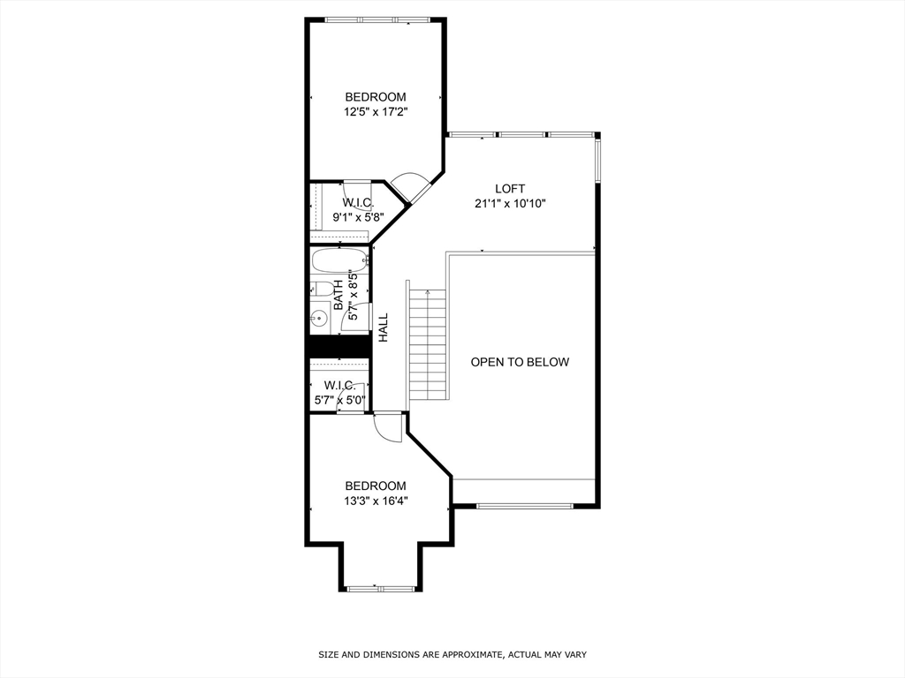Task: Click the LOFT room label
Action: (510, 188)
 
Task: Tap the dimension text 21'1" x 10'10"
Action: (510, 204)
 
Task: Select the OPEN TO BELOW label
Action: (520, 362)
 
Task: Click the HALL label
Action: (384, 327)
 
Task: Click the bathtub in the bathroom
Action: (338, 260)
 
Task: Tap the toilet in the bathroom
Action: (323, 288)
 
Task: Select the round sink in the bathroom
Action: (319, 319)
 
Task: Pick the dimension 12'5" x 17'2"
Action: (376, 112)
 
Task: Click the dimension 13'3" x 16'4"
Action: (376, 501)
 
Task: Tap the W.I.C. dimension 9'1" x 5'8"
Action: (357, 217)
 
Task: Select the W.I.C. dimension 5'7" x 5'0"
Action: (339, 400)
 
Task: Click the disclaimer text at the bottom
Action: (452, 654)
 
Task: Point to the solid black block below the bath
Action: (338, 346)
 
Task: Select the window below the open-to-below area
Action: (525, 506)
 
